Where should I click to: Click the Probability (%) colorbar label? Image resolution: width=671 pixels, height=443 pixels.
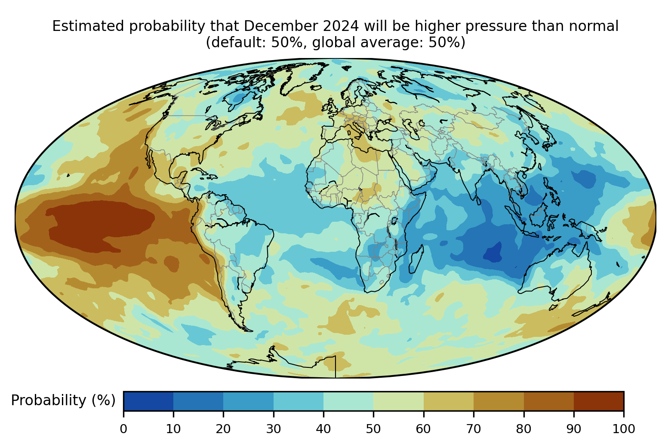63,400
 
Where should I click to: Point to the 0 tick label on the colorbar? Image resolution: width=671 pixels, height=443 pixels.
123,429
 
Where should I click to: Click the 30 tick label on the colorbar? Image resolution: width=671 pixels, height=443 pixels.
274,429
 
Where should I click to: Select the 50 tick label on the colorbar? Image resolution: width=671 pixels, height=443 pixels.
373,429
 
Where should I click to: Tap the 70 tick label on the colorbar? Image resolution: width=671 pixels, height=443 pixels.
474,429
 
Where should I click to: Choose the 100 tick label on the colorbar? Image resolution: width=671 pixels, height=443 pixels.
624,429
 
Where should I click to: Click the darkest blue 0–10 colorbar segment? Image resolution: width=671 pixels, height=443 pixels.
148,401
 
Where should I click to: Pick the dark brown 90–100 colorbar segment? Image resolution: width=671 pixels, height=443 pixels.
599,401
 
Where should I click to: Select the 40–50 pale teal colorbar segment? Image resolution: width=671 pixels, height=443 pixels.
348,401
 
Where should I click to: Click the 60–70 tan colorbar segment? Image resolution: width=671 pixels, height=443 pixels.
449,401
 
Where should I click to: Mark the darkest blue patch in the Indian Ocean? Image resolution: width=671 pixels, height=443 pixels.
493,252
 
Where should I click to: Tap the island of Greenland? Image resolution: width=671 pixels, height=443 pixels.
302,77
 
